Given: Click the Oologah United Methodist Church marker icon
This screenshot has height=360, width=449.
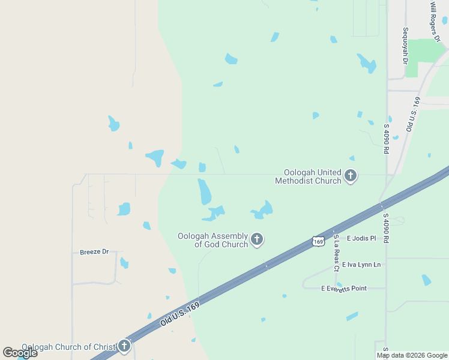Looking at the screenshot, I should coord(351,176).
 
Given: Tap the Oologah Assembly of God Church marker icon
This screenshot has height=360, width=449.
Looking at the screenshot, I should coord(257,240).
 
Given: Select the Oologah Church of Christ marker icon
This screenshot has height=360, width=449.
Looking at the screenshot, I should coord(124,346).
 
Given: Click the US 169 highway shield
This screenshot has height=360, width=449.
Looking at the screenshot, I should coord(318,241).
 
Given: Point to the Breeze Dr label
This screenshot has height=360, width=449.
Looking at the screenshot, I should coord(94,252).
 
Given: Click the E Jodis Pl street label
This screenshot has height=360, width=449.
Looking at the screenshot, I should coord(361,238).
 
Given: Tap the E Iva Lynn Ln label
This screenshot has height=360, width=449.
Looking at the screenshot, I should coord(361,265).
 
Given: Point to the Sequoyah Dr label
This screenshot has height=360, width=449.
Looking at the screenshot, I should coord(406,45).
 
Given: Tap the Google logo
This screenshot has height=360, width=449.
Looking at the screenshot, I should coord(20,353).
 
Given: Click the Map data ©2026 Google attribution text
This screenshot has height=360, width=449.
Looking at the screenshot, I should coord(412,355).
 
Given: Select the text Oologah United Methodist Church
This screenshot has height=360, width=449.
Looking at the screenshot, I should coord(308,176).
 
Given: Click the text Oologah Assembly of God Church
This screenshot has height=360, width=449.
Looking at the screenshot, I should coord(212,240).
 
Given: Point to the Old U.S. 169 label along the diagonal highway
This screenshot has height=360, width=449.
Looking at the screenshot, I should coord(179,314).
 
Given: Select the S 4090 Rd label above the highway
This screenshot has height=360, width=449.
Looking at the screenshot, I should coord(386,138).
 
